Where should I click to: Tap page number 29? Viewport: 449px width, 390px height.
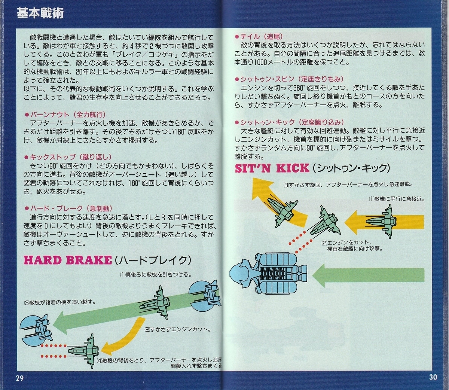pos(19,378)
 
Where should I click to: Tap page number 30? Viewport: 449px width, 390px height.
pos(433,377)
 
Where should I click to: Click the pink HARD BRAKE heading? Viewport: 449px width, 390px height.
pos(68,260)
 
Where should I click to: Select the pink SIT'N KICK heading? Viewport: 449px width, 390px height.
pos(272,168)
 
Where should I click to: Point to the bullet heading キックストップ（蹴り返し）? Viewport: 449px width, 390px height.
pos(67,157)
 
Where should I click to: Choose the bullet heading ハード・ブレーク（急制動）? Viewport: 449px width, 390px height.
pos(68,208)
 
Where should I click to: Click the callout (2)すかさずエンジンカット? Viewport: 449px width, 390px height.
pos(177,330)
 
